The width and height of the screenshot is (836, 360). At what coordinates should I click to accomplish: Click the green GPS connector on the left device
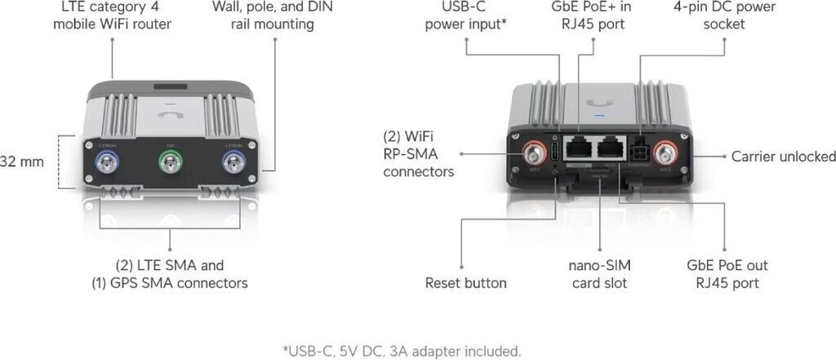(170, 166)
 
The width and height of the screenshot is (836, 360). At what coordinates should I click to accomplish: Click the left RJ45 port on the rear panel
(580, 149)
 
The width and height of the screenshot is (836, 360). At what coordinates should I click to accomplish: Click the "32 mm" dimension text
(21, 161)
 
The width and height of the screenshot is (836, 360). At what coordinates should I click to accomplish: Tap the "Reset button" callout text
(465, 283)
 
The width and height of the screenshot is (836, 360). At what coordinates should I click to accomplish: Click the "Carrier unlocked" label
(783, 156)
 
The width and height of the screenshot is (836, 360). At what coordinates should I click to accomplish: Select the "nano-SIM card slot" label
(600, 274)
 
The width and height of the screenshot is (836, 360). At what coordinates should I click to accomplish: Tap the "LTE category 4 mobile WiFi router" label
(112, 15)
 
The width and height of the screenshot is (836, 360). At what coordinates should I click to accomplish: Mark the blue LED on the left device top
(170, 104)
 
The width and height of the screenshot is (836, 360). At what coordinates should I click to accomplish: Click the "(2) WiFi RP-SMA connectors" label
(419, 153)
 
